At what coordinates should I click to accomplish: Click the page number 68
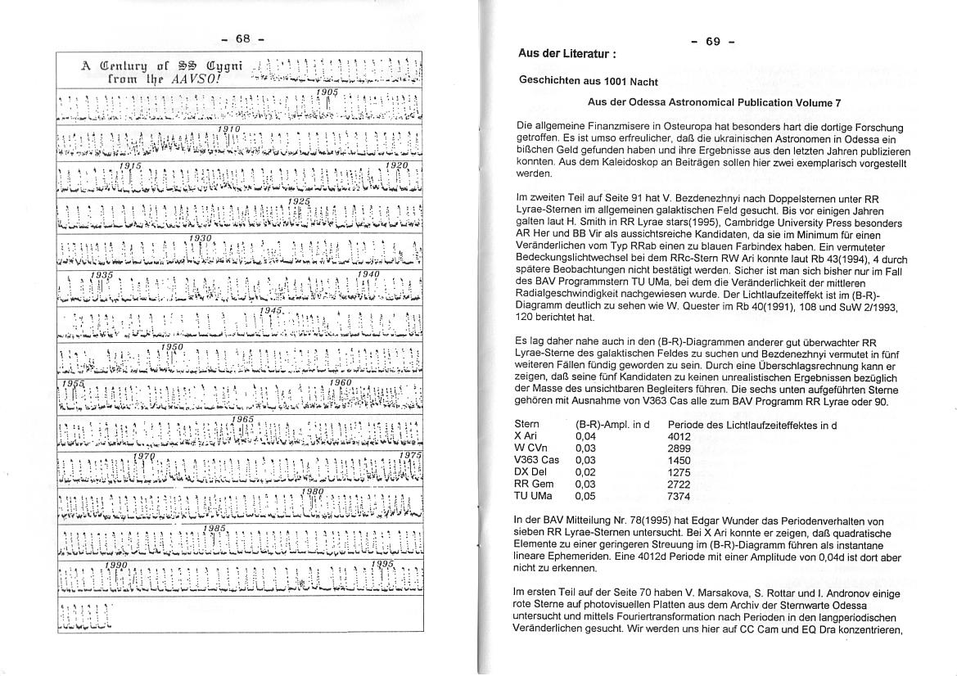(242, 38)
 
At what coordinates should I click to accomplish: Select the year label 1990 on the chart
(116, 566)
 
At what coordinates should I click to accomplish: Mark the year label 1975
(411, 455)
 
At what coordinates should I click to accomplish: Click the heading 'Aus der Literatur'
(567, 53)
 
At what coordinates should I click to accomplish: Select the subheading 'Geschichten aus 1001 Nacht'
(589, 82)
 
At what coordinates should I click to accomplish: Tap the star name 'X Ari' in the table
(526, 436)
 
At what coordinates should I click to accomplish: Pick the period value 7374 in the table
(679, 496)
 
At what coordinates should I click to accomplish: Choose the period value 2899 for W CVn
(679, 448)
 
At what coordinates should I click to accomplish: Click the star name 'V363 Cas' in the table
(537, 460)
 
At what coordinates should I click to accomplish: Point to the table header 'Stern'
(527, 425)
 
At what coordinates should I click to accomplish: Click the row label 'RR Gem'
(534, 484)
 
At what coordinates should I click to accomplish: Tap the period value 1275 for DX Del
(679, 472)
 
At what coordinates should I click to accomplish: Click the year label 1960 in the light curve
(340, 382)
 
